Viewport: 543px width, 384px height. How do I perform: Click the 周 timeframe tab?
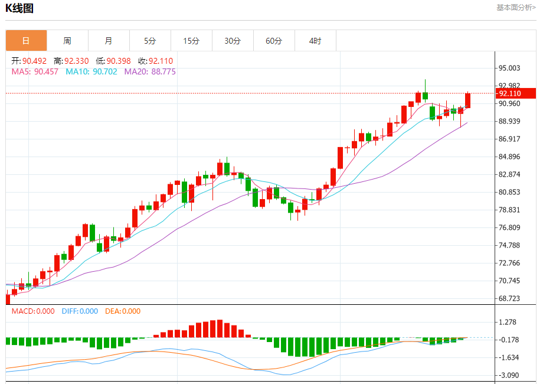pos(67,41)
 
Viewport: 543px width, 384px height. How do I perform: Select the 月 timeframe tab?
pos(109,41)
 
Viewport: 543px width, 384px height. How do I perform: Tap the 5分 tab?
pos(150,41)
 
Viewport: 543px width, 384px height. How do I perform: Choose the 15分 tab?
pos(191,41)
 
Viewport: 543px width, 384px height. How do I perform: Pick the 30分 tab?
pos(233,41)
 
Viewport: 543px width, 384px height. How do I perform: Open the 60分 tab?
pos(274,41)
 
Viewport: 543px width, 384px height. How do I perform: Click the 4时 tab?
pos(315,41)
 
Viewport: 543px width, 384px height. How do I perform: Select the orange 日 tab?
pos(26,41)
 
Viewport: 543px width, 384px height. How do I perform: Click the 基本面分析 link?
pos(515,8)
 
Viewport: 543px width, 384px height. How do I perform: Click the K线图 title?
pos(19,8)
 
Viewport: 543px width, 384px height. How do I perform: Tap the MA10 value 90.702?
pos(91,71)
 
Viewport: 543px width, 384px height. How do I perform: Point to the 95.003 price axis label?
pos(510,69)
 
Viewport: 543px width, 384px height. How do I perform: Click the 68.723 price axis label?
pos(510,299)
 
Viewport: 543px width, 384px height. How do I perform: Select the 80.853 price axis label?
pos(510,193)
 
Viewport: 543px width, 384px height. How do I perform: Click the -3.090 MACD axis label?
pos(509,376)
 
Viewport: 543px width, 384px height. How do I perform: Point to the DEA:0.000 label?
pos(123,311)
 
